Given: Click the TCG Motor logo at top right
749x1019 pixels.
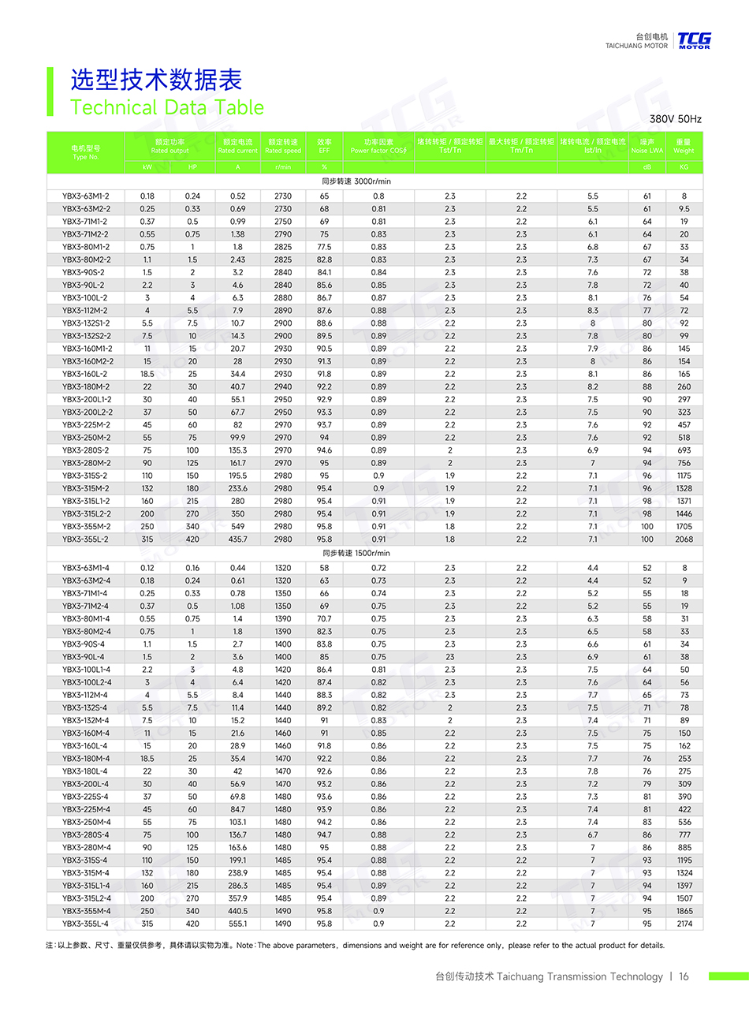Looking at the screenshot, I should [694, 40].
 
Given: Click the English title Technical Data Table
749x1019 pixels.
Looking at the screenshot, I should [167, 107].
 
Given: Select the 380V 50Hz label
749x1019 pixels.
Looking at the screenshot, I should [675, 119].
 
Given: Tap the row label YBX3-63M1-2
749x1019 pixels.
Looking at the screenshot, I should [86, 196].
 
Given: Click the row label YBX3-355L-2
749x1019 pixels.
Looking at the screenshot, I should [86, 539].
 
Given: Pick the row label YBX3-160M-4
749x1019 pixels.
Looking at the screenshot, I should [86, 733].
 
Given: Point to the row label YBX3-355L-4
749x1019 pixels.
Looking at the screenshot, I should [86, 924].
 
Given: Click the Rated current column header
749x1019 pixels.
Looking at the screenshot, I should [237, 146].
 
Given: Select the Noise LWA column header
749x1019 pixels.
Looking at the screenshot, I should [647, 146].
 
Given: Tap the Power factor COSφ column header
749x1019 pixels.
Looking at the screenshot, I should [378, 146].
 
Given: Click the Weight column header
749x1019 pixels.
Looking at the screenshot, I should [684, 146].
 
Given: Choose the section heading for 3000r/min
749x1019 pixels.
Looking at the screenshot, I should [356, 181].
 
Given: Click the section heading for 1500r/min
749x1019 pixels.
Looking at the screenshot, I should [356, 553].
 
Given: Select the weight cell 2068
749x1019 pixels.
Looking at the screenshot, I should [684, 539].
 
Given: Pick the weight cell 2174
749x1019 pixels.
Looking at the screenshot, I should [684, 924].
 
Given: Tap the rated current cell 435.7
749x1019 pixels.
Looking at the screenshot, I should [237, 539].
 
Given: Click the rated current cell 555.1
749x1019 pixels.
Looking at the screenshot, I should [237, 924].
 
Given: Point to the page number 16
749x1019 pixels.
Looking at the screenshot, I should [684, 976].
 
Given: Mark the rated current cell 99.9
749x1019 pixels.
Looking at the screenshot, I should [237, 438].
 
